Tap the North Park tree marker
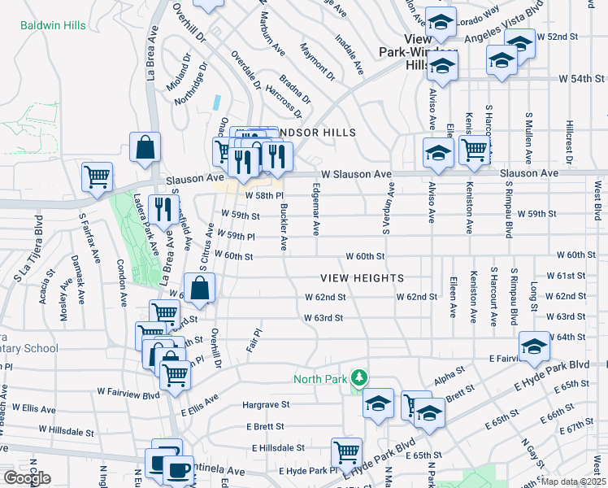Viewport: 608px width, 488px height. pos(358,378)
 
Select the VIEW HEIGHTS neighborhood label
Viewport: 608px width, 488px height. pos(362,278)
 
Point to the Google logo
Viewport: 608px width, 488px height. pos(27,478)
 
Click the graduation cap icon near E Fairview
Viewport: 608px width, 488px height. pos(535,346)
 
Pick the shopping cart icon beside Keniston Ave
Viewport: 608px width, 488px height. pos(472,149)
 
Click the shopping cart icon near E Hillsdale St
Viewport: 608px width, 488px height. pos(346,451)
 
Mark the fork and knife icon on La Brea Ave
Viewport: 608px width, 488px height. pos(163,209)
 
